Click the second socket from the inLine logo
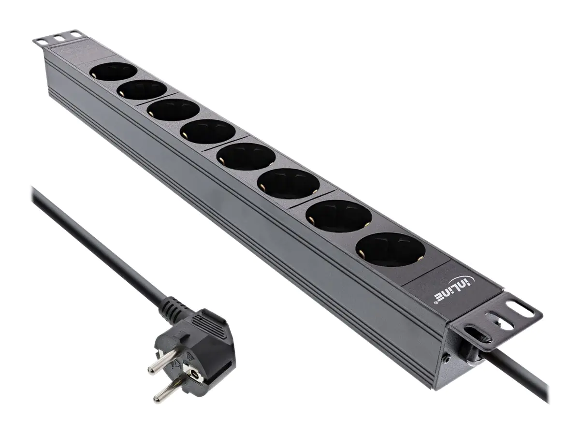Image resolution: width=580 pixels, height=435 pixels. (340, 216)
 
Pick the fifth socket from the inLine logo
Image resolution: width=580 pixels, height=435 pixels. (207, 130)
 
